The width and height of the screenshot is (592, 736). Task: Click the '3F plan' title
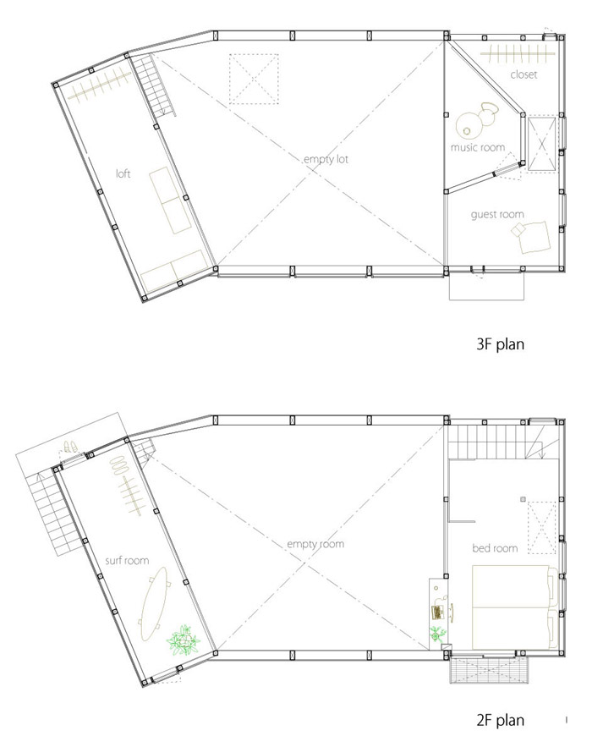[500, 344]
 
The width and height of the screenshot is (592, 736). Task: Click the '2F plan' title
[500, 720]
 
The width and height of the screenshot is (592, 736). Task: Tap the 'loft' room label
[123, 173]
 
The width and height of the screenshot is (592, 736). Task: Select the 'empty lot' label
[326, 159]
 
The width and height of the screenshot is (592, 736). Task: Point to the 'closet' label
[523, 74]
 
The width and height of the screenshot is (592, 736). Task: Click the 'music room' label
[478, 147]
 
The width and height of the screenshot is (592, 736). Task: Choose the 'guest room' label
[497, 215]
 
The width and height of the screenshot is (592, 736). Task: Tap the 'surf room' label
[127, 560]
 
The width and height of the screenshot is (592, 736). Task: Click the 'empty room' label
[315, 544]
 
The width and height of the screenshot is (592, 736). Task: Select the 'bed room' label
[495, 548]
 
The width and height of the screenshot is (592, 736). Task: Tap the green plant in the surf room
[184, 640]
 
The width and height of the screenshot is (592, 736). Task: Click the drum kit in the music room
[475, 119]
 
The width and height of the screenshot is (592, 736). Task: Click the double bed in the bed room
[514, 607]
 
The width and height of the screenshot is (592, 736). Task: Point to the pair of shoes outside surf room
[71, 446]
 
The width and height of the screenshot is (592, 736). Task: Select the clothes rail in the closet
[518, 54]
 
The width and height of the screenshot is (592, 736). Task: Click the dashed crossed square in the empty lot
[254, 79]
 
